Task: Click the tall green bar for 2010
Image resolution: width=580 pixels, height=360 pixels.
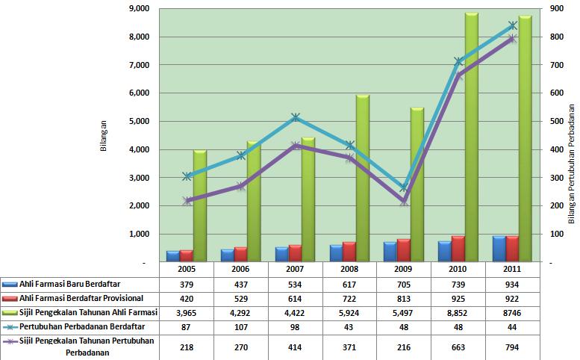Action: coord(471,138)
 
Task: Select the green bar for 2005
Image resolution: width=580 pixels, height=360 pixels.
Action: coord(199,205)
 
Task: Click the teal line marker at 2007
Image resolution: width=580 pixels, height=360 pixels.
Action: coord(296,118)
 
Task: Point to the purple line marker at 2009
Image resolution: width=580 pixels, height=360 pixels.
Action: coord(405,201)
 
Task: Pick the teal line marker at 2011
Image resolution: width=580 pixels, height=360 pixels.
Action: coord(513,25)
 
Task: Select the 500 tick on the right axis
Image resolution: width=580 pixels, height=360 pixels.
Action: coord(553,121)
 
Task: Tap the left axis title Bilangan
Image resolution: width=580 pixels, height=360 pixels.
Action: coord(105,135)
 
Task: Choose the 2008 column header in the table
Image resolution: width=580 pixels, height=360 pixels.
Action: coord(349,269)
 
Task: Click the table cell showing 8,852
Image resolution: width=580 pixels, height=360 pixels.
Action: coord(458,312)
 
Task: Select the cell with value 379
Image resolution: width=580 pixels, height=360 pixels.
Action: coord(187,284)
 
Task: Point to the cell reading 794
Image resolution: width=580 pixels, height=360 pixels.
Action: coord(512,346)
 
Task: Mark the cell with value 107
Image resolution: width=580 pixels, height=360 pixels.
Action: coord(240,326)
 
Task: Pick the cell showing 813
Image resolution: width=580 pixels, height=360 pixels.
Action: coord(404,298)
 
